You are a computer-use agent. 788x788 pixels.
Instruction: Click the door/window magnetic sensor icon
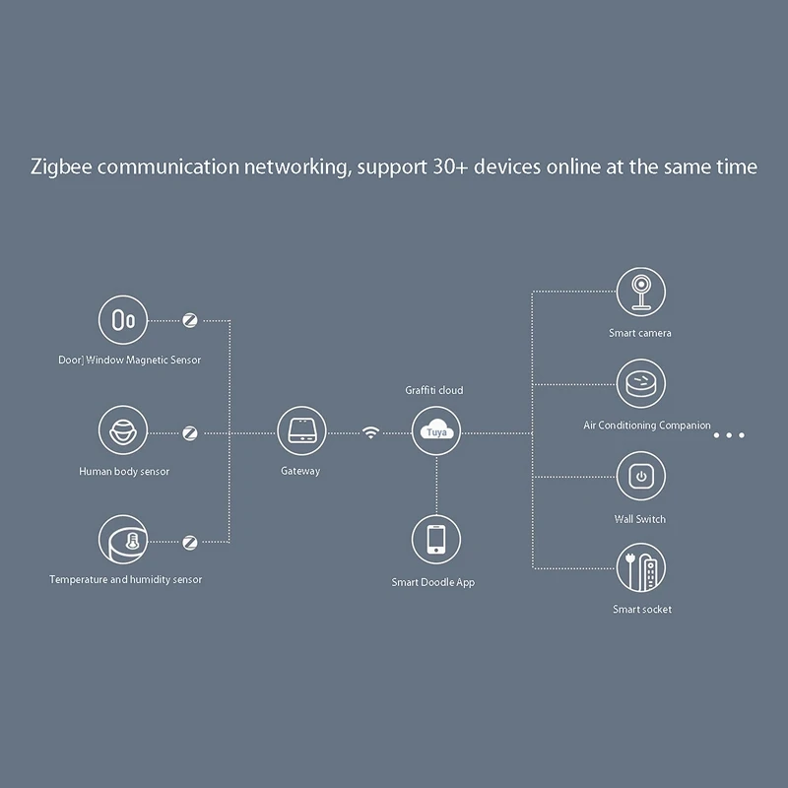pos(123,320)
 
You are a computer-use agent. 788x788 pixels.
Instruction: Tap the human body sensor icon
pos(123,432)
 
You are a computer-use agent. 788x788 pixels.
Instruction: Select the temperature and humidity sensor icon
pos(123,541)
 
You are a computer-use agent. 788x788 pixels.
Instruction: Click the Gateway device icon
pos(300,432)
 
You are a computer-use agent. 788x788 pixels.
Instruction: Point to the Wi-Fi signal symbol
pos(370,432)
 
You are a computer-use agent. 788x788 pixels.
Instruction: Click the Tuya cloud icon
pos(436,432)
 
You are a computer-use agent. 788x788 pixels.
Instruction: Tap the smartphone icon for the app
pos(436,540)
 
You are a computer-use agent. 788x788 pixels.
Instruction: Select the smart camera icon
pos(641,293)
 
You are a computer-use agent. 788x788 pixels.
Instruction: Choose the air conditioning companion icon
pos(641,383)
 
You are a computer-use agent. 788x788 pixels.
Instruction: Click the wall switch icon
pos(641,477)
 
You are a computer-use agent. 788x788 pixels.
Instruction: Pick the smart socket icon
pos(641,567)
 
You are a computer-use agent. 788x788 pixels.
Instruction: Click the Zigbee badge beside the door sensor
pos(190,320)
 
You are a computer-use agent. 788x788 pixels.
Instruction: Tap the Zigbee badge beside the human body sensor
pos(190,432)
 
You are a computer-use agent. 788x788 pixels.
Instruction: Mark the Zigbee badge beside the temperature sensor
pos(190,541)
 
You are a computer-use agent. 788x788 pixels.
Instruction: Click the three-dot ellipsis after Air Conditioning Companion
pos(729,434)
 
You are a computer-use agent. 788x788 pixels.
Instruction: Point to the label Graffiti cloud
pos(434,391)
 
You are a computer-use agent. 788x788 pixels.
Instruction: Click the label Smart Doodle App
pos(433,583)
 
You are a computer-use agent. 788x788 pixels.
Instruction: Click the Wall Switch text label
pos(640,519)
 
